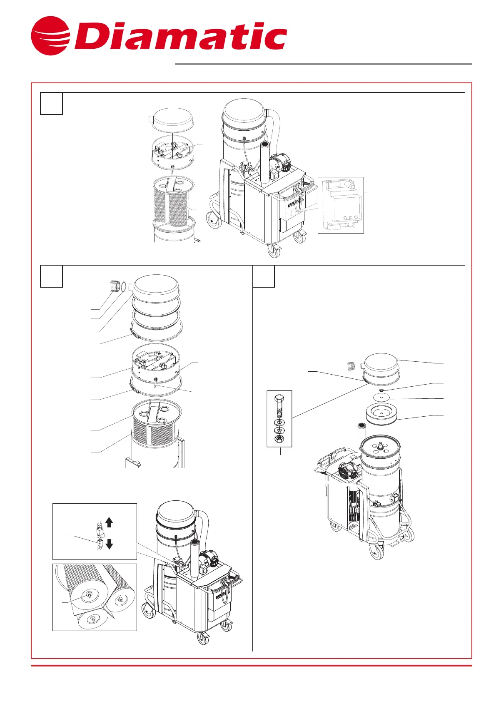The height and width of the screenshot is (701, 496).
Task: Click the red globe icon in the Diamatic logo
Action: (50, 36)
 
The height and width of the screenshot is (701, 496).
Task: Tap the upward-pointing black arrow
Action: (110, 522)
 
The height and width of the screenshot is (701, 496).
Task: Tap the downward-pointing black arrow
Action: (110, 544)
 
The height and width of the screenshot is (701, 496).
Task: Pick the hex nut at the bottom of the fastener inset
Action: (279, 439)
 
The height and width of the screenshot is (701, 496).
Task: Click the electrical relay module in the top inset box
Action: (340, 205)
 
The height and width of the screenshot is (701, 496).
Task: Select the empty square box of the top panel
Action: (51, 103)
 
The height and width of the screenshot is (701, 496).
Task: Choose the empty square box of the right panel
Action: (264, 276)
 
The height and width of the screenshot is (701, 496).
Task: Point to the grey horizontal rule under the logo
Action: (323, 64)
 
